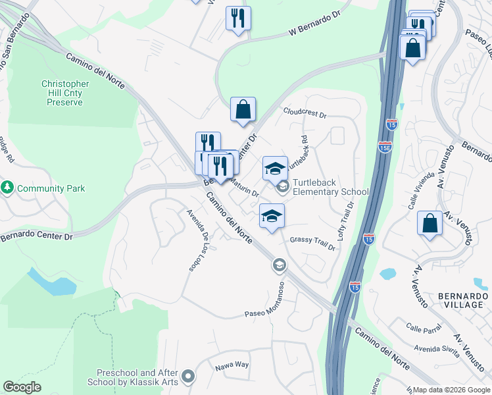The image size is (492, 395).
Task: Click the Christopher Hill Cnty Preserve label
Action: [65, 93]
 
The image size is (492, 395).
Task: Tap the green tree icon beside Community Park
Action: [8, 188]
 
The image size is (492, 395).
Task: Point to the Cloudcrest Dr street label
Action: [305, 113]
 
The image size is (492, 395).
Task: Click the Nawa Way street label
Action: [232, 364]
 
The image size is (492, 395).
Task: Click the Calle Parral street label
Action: [422, 327]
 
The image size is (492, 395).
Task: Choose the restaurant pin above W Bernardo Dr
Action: [238, 18]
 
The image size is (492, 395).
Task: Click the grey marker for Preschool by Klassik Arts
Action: [189, 377]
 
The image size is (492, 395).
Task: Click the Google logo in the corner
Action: [22, 387]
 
